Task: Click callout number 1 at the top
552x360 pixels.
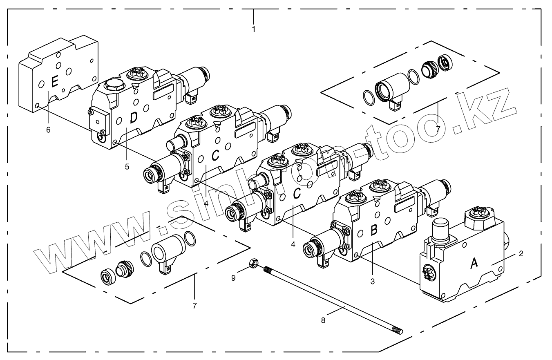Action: [x=254, y=29]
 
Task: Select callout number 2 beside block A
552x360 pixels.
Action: [x=521, y=254]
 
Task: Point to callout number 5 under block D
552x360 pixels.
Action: [x=127, y=166]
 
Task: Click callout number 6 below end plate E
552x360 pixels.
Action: [x=48, y=130]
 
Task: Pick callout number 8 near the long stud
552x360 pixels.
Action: [x=323, y=321]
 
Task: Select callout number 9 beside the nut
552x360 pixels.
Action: [x=233, y=278]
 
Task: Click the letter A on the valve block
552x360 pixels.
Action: [x=474, y=264]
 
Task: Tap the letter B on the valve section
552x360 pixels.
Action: [x=373, y=230]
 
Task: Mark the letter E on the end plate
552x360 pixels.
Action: [x=54, y=83]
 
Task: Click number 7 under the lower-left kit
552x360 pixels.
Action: [x=194, y=306]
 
